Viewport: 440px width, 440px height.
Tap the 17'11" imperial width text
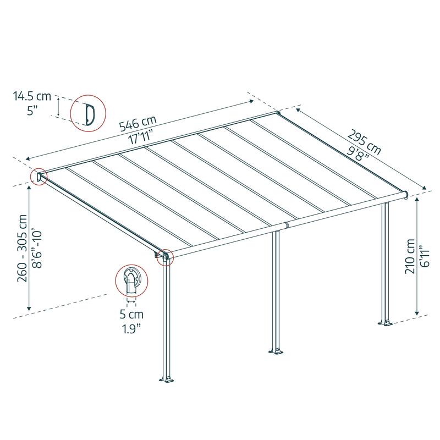coord(141,136)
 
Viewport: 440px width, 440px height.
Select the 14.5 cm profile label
coord(32,97)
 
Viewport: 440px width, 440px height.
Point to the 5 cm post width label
coord(131,316)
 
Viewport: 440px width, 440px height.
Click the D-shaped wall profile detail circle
coord(87,113)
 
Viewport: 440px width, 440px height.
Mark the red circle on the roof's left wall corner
coord(39,177)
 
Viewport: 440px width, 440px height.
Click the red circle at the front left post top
coord(164,256)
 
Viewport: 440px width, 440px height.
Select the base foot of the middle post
coord(276,350)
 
